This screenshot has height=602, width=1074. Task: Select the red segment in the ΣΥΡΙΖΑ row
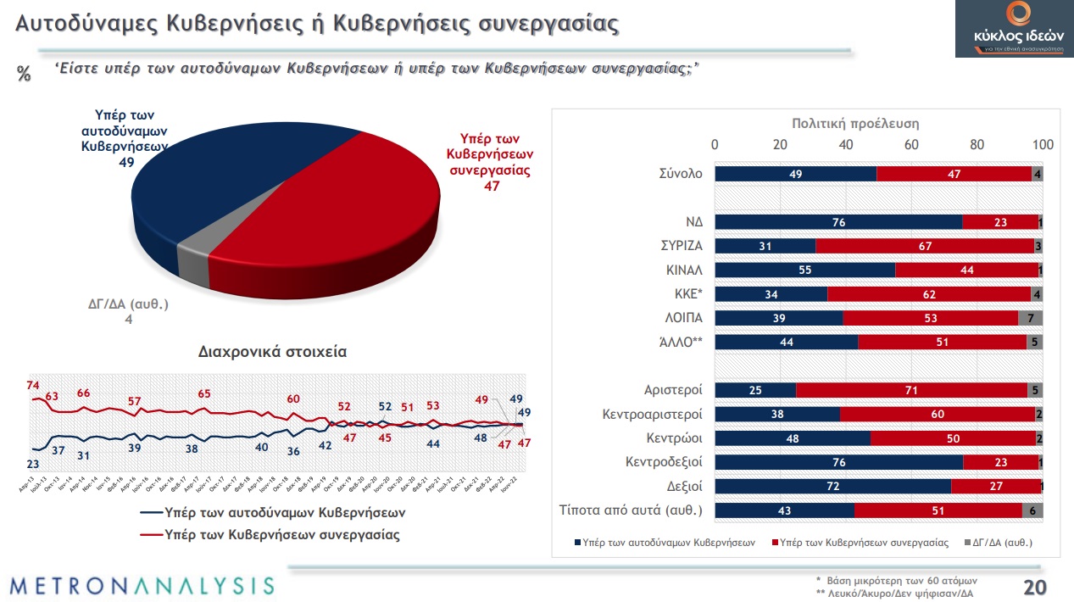[924, 246]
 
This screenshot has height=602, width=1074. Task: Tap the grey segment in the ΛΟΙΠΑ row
[1031, 318]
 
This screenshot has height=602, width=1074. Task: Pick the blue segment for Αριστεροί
[755, 390]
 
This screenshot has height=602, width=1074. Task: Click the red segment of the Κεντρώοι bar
[954, 438]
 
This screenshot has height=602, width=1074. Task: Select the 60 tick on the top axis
[911, 145]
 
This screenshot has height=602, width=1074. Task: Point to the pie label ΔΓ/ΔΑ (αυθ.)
[129, 304]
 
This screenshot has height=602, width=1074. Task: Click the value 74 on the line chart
[34, 386]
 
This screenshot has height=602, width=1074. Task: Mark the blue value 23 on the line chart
[33, 464]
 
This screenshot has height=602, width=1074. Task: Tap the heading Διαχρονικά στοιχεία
[272, 350]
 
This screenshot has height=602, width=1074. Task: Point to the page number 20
[1034, 587]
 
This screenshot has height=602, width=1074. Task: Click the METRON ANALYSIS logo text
[142, 585]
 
